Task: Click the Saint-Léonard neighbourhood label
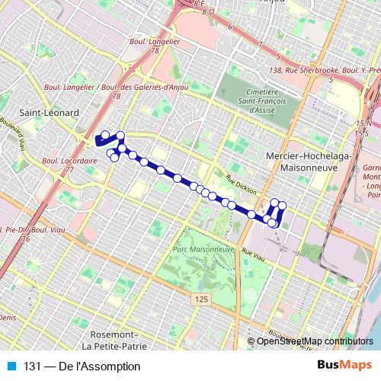(x=50, y=112)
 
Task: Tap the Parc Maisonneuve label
(x=202, y=249)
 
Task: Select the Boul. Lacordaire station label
(x=69, y=162)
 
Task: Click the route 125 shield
(x=200, y=300)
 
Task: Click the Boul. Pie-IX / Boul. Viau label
(x=26, y=229)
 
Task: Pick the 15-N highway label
(x=360, y=123)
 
